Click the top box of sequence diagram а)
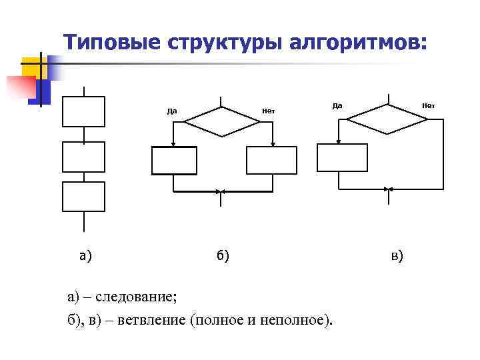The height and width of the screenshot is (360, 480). click(83, 111)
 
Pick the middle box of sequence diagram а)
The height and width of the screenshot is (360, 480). click(83, 157)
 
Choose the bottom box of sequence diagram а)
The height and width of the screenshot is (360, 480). click(83, 197)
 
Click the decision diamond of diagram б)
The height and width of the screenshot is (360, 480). click(222, 121)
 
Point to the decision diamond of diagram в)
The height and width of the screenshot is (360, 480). click(387, 119)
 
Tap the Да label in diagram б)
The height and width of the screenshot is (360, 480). click(172, 111)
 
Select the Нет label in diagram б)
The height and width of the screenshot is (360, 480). click(269, 111)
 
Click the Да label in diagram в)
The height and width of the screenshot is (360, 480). click(337, 105)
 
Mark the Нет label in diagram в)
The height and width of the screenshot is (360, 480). click(428, 105)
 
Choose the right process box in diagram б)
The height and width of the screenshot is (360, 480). click(271, 160)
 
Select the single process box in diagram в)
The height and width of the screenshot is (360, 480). click(342, 158)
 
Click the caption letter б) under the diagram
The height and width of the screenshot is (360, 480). click(222, 255)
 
